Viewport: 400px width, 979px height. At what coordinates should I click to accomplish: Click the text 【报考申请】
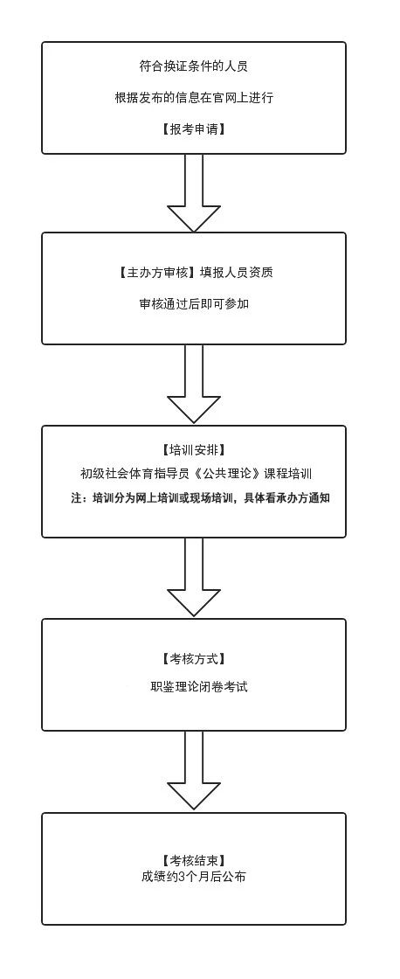point(193,129)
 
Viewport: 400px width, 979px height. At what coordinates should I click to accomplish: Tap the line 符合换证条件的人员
point(193,66)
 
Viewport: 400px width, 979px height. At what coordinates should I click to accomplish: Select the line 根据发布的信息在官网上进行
point(193,97)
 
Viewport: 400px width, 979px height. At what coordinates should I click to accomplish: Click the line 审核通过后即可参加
point(193,304)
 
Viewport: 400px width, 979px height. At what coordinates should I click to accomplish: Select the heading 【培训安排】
point(193,449)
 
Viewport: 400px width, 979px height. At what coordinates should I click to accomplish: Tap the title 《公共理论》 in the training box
point(228,473)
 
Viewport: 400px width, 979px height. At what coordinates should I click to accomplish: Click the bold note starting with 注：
point(198,497)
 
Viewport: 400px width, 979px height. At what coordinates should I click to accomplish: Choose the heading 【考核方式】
point(193,658)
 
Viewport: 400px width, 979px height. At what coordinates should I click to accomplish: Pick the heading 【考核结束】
point(193,860)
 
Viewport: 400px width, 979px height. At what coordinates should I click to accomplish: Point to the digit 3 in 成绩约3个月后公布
point(182,877)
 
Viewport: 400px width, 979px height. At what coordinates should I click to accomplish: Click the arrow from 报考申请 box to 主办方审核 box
point(194,193)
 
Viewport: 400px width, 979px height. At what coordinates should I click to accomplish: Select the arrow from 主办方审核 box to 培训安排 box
point(194,385)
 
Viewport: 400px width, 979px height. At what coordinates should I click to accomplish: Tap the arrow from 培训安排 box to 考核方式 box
point(194,578)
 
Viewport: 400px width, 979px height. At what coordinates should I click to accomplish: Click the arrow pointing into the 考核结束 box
point(194,771)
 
